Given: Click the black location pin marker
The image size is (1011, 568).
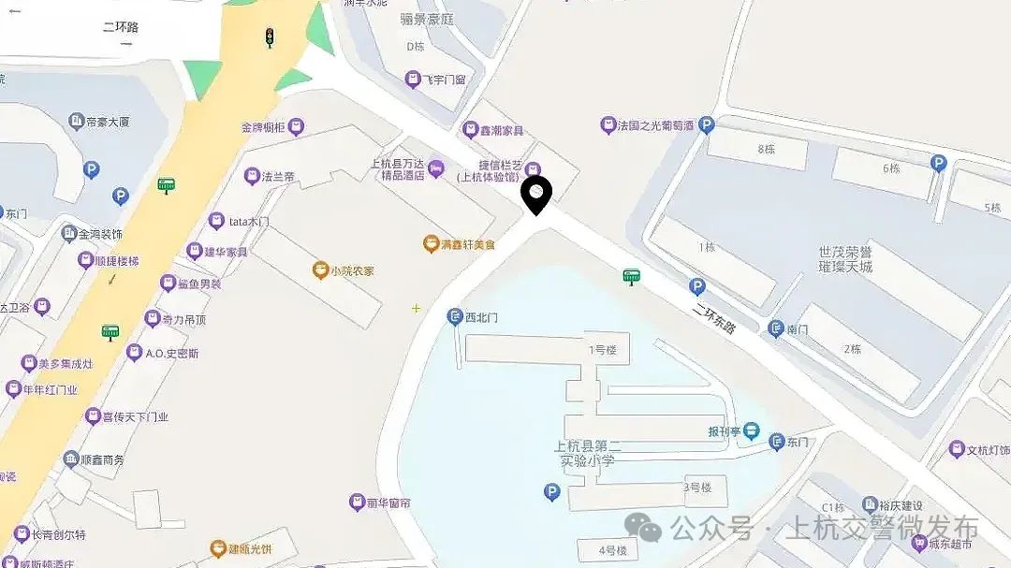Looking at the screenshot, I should click(x=536, y=195).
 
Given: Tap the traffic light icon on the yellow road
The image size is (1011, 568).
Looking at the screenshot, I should click(x=270, y=37).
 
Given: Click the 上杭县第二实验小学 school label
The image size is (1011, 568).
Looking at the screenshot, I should click(x=584, y=453).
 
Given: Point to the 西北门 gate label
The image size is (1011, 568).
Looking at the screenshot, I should click(x=481, y=317).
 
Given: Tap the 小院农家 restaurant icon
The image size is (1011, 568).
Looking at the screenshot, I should click(x=320, y=271).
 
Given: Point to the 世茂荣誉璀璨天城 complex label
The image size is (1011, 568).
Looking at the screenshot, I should click(x=845, y=259).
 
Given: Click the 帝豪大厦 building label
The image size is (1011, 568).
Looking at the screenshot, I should click(x=107, y=122).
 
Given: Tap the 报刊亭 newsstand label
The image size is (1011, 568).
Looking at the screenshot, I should click(x=725, y=432).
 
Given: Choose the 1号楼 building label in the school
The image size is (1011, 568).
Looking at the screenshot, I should click(x=603, y=350).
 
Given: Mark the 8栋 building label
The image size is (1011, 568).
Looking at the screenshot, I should click(x=767, y=149).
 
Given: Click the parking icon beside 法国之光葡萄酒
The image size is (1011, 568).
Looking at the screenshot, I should click(x=707, y=124).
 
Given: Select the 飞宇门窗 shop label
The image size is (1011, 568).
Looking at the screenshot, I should click(x=444, y=80).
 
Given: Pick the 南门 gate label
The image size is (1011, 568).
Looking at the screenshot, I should click(x=798, y=328).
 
